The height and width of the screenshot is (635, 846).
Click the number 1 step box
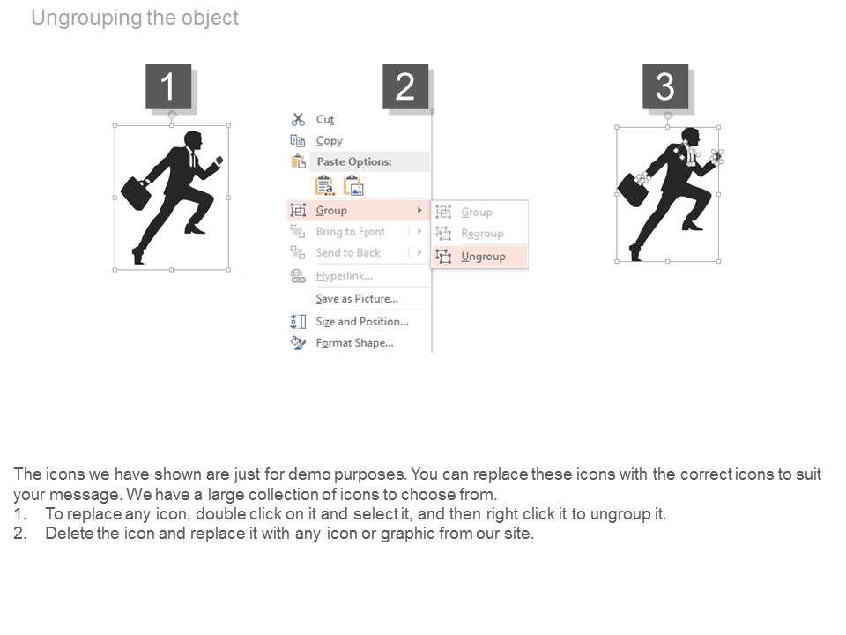[x=168, y=86]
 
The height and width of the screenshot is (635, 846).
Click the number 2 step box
[x=405, y=86]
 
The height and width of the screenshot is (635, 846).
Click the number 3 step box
[x=665, y=86]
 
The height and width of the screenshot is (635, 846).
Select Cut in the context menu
[x=325, y=119]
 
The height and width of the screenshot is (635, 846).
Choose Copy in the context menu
[x=329, y=141]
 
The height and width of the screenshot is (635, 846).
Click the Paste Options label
[x=354, y=161]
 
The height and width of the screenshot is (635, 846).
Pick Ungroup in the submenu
[x=483, y=257]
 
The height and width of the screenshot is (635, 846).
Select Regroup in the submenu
[x=482, y=233]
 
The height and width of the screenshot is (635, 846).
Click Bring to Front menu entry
[x=350, y=232]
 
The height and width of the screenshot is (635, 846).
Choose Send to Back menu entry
[x=348, y=253]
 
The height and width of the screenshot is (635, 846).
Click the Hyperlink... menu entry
[x=345, y=276]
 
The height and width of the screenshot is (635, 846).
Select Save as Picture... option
[x=357, y=299]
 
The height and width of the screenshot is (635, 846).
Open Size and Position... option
[x=362, y=321]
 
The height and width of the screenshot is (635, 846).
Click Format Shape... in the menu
[x=354, y=343]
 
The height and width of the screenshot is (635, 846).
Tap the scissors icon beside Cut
[x=298, y=119]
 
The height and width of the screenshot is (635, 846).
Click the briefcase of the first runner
[x=136, y=193]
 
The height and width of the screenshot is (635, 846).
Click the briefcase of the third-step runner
[x=633, y=190]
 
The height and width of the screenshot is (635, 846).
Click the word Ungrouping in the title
[x=87, y=18]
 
